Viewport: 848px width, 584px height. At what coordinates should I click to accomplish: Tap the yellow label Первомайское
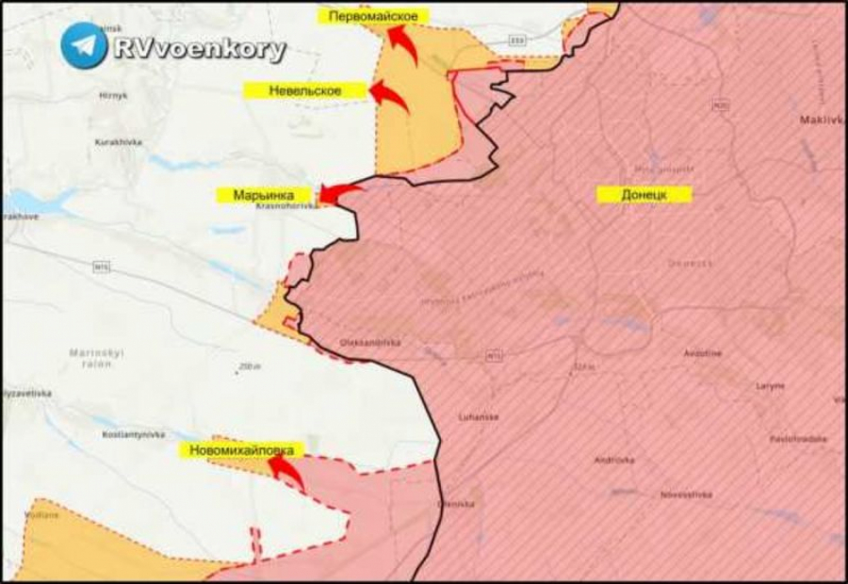click(373, 16)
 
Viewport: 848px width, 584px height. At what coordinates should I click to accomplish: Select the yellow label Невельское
click(305, 90)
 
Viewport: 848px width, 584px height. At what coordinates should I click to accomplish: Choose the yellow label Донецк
click(644, 194)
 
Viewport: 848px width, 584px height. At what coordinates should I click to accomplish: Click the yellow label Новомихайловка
click(241, 450)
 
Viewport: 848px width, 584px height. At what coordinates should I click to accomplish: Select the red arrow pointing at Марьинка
click(339, 193)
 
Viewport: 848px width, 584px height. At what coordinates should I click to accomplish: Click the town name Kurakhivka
click(117, 141)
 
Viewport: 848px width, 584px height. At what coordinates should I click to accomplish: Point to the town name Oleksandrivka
click(368, 343)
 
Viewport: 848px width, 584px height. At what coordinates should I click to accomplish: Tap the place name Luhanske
click(477, 416)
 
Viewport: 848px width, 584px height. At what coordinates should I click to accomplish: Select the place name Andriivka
click(613, 460)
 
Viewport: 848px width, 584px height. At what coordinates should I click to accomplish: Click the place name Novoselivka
click(685, 494)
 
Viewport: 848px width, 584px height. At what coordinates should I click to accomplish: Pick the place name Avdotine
click(703, 353)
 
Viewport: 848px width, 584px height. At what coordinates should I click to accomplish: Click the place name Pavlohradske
click(797, 438)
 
